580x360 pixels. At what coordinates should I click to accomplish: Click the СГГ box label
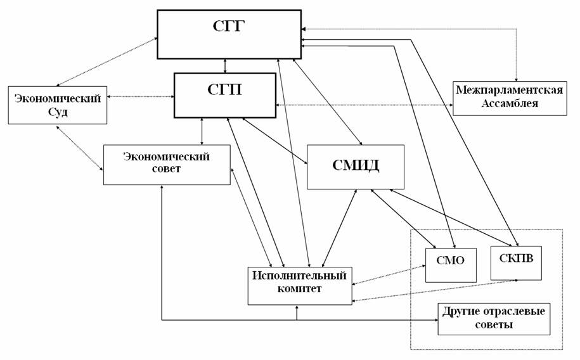click(x=229, y=26)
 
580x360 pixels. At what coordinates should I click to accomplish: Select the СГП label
click(x=224, y=89)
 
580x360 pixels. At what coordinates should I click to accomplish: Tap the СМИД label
click(x=356, y=166)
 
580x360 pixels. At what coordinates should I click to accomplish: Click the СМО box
click(x=450, y=260)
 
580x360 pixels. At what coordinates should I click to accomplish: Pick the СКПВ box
click(x=516, y=259)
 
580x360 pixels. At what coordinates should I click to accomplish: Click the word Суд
click(x=57, y=111)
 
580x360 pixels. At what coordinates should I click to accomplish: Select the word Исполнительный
click(x=299, y=276)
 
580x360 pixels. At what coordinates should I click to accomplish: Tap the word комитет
click(x=299, y=289)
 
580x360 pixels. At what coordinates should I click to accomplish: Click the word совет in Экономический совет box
click(x=167, y=169)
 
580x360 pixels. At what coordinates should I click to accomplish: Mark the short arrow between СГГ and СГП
click(x=225, y=65)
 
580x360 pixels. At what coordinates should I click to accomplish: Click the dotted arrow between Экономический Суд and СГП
click(x=140, y=96)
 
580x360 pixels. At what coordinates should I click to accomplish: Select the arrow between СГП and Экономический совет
click(x=202, y=131)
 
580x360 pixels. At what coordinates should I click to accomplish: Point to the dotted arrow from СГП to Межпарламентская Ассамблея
click(x=364, y=104)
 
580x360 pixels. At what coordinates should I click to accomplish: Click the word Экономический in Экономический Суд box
click(x=58, y=98)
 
